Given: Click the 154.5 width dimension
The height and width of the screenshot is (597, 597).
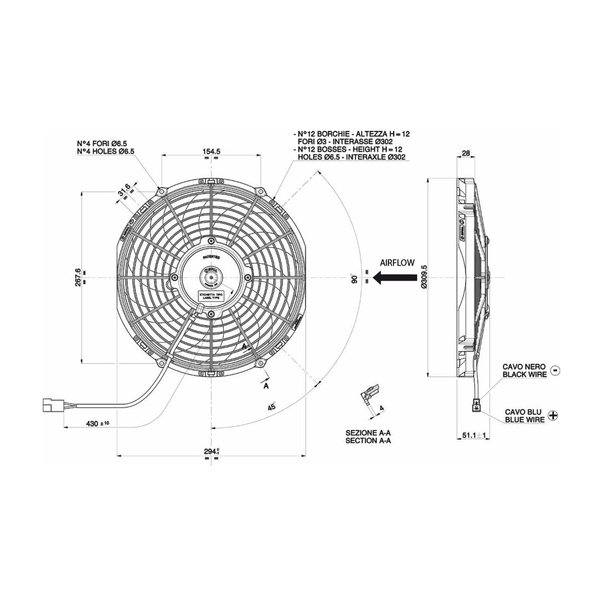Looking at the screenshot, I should [x=211, y=152].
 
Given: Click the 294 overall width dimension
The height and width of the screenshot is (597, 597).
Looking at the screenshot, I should [x=211, y=451].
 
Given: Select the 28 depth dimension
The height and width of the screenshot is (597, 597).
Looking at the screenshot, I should [x=466, y=153].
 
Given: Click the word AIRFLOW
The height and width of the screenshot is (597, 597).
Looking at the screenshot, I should [x=397, y=263].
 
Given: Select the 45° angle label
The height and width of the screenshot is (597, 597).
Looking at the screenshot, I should [x=271, y=406].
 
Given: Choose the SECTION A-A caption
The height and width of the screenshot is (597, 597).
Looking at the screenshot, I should [x=368, y=440].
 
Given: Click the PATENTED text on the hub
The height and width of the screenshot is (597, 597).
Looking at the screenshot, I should [x=211, y=257].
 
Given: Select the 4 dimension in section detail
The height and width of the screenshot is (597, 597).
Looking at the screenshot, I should [x=381, y=408].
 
